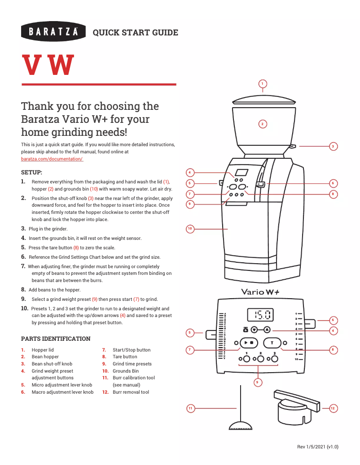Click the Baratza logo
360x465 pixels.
pyautogui.click(x=53, y=31)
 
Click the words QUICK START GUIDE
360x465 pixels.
pyautogui.click(x=135, y=32)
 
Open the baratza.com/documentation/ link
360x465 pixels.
pyautogui.click(x=52, y=159)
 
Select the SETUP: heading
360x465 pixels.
pyautogui.click(x=32, y=172)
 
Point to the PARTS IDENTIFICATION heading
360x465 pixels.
pyautogui.click(x=56, y=339)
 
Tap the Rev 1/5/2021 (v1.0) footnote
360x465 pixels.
pyautogui.click(x=318, y=447)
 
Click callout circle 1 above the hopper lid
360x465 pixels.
pyautogui.click(x=263, y=83)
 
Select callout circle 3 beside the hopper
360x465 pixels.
pyautogui.click(x=333, y=146)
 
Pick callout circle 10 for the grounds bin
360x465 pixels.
pyautogui.click(x=190, y=229)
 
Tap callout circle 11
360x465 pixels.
pyautogui.click(x=191, y=408)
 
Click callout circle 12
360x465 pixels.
pyautogui.click(x=333, y=408)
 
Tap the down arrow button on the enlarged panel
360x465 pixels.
pyautogui.click(x=255, y=329)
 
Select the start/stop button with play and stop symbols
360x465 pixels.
pyautogui.click(x=248, y=343)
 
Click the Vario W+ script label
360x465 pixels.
pyautogui.click(x=260, y=291)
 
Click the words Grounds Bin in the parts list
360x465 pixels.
pyautogui.click(x=126, y=371)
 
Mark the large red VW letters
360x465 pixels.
pyautogui.click(x=48, y=65)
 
